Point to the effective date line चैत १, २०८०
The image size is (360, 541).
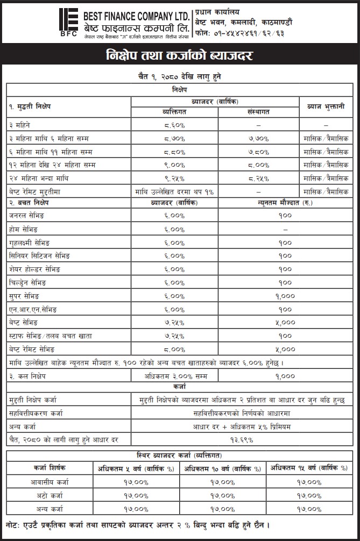coord(180,77)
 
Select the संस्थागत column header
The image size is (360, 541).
coord(258,112)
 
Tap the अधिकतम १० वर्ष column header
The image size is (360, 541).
coord(223,468)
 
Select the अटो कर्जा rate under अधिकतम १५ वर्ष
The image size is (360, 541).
coord(309,495)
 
